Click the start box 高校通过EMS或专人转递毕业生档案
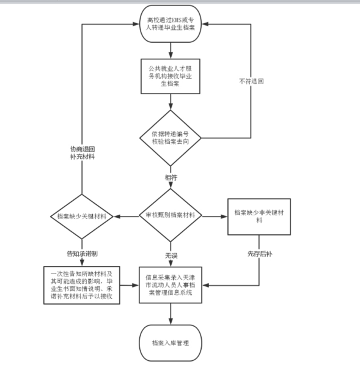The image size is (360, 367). tap(171, 24)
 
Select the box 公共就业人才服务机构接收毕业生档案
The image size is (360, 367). tap(171, 76)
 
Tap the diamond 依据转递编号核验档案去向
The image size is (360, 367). tap(171, 138)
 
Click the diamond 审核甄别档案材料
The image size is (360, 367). tap(171, 215)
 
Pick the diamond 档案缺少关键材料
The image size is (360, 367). tap(82, 217)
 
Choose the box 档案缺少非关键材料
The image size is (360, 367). tap(259, 217)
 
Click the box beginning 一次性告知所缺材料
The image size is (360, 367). tap(82, 285)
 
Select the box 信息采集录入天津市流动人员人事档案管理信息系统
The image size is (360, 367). tap(171, 285)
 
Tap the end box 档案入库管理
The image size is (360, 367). tap(171, 343)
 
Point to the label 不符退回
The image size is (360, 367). tap(251, 81)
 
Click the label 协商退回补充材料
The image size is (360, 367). tap(83, 153)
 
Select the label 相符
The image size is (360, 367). tap(171, 177)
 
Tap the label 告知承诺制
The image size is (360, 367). tap(82, 254)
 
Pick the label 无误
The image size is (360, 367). tap(171, 256)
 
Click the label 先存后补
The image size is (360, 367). tap(260, 254)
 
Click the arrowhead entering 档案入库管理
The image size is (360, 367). tap(171, 321)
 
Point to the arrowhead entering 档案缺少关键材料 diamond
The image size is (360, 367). tap(117, 217)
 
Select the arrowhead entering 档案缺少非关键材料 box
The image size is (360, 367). tap(224, 217)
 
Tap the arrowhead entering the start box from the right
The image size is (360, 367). tap(205, 24)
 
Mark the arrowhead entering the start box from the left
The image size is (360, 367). tap(136, 24)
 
